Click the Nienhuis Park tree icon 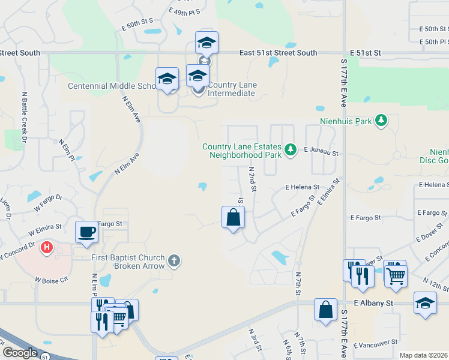click(x=381, y=121)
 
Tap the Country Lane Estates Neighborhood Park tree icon click(x=291, y=149)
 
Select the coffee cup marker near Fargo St click(x=87, y=232)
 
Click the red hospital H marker click(x=46, y=247)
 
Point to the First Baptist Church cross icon click(x=173, y=260)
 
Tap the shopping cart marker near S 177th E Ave click(x=396, y=275)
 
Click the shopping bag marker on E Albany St click(x=325, y=310)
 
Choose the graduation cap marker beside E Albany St click(x=425, y=302)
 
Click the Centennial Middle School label click(x=112, y=86)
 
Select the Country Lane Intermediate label click(x=232, y=89)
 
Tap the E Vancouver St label click(x=376, y=343)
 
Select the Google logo click(x=20, y=353)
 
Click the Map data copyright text click(x=423, y=355)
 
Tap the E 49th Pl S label click(x=184, y=11)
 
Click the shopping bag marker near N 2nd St click(x=233, y=217)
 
